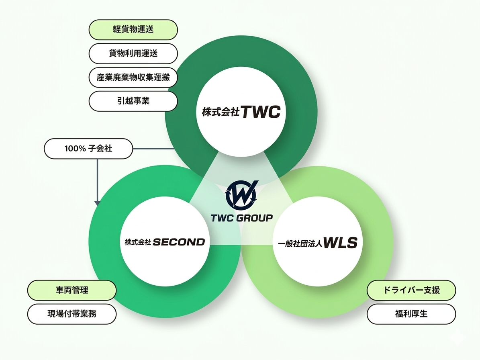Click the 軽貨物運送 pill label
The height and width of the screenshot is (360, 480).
click(x=133, y=30)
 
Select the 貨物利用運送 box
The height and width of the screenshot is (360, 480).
click(x=133, y=54)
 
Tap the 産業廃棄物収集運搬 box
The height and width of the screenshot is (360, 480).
click(x=133, y=78)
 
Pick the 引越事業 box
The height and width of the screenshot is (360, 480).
click(x=133, y=101)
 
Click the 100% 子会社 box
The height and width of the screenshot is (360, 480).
click(x=88, y=149)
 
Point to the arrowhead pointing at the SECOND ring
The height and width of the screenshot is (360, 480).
click(x=97, y=203)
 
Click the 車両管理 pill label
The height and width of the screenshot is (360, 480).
click(x=72, y=290)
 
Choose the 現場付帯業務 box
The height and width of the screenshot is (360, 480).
click(x=72, y=314)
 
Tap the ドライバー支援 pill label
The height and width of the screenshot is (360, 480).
click(x=411, y=290)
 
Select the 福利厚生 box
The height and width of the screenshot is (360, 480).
click(x=411, y=314)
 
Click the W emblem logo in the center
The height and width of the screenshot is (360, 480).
click(x=241, y=193)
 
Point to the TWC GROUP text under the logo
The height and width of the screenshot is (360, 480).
click(x=241, y=218)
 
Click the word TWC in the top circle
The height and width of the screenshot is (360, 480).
click(x=260, y=112)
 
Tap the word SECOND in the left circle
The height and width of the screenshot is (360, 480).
click(x=179, y=242)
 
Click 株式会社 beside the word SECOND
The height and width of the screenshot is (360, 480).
click(x=137, y=242)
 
